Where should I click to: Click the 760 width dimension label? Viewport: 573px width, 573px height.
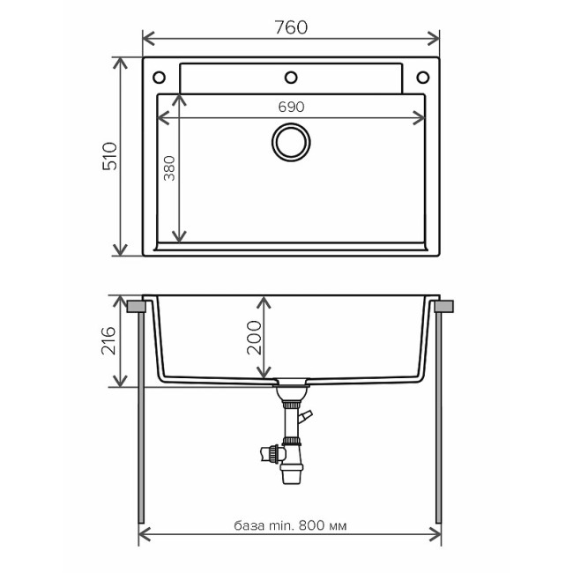coord(290,27)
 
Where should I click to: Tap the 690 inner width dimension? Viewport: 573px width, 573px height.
coord(291,107)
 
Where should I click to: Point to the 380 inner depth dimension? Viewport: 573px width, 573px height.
coord(168,167)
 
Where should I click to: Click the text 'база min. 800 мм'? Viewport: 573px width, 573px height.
coord(290,525)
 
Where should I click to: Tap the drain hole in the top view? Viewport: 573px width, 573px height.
coord(290,142)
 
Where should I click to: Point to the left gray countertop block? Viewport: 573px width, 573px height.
coord(136,306)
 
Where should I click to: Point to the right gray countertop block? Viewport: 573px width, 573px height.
coord(444,306)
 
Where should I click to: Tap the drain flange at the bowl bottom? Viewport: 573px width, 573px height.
coord(290,384)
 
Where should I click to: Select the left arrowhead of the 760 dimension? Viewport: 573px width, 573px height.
coord(146,38)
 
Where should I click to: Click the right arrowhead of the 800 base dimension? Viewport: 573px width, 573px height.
coord(435,535)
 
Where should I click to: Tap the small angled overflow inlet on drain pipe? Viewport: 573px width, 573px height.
coord(306,416)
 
